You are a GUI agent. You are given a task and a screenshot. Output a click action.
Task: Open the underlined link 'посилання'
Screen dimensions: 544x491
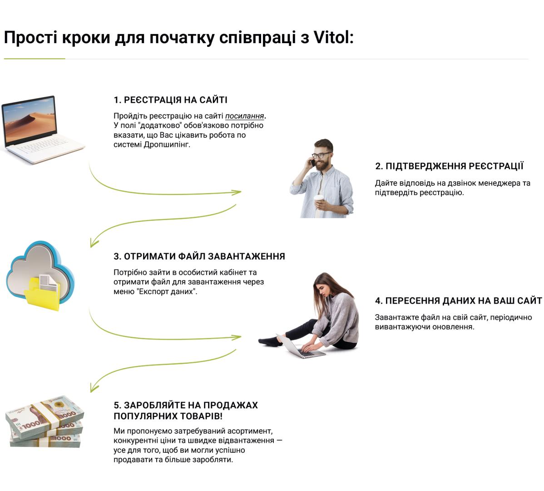click(245, 116)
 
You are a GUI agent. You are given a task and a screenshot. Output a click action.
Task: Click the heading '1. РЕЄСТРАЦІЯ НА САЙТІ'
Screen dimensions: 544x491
click(170, 100)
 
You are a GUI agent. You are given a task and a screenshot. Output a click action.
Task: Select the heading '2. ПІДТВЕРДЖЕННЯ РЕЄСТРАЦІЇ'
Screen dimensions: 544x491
click(449, 166)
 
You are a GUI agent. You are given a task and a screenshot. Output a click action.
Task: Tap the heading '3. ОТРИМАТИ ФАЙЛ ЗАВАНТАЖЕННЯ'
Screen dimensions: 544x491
click(199, 256)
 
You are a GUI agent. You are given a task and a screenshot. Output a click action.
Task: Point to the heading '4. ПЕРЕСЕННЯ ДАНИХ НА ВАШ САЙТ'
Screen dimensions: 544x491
click(458, 301)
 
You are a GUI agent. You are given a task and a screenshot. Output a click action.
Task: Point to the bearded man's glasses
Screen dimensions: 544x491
click(321, 155)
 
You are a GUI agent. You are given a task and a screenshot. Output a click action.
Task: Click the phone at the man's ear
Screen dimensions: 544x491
click(312, 162)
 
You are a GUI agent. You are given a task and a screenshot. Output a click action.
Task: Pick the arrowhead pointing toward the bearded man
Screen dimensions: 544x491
click(237, 192)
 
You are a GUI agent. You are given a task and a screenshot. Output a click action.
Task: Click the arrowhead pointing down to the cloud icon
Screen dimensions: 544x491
click(94, 242)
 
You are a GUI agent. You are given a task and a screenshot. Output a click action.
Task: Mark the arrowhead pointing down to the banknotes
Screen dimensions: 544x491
click(94, 387)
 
